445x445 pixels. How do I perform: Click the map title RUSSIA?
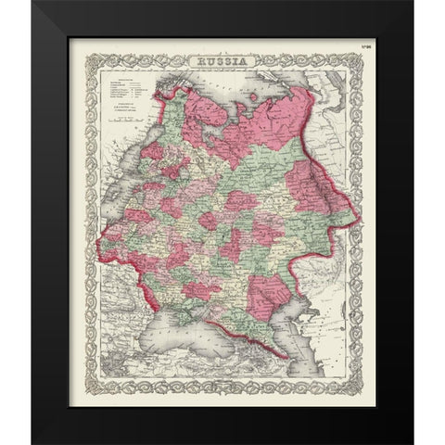(222, 61)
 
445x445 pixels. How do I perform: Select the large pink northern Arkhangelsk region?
(278, 139)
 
